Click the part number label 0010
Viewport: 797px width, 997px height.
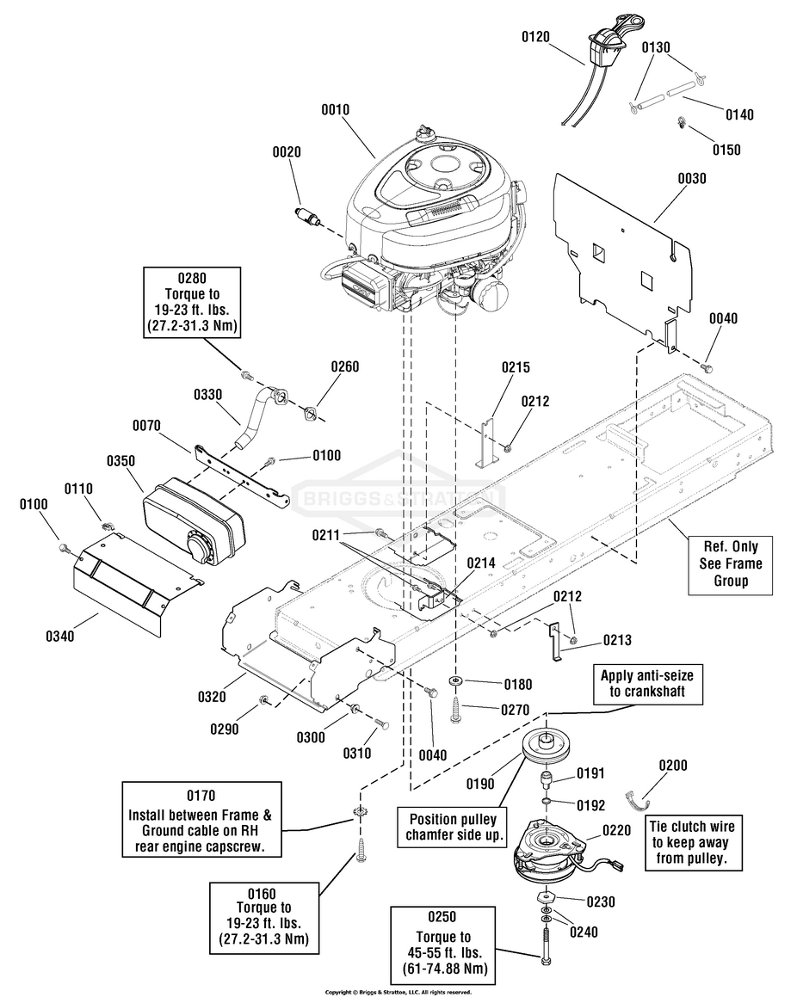pos(335,110)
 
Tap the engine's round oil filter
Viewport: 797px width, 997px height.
pos(491,295)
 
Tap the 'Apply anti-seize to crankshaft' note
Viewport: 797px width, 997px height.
pos(647,684)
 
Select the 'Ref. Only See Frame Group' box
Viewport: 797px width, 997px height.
pos(730,563)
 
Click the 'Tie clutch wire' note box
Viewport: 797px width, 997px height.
pos(691,842)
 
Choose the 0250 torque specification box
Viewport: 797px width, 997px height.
pos(442,945)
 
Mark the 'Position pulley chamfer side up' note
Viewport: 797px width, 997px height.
pos(452,828)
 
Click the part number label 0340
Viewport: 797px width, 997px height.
pos(59,636)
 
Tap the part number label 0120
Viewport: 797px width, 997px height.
pos(535,37)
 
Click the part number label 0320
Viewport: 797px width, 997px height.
pos(212,697)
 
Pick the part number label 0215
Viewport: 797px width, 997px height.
pos(516,366)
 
